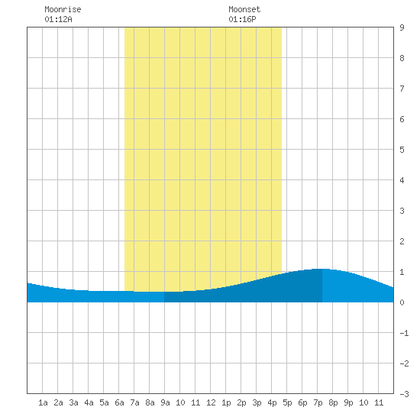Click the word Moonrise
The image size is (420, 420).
coord(63,9)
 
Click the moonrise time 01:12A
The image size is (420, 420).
coord(58,19)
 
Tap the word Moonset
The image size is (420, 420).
coord(244,9)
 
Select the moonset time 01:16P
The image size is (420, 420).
coord(242,19)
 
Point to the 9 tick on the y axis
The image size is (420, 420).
coord(402,27)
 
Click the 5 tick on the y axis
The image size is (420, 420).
coord(402,150)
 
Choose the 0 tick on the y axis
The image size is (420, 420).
coord(402,302)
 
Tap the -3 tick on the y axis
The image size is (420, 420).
coord(404,394)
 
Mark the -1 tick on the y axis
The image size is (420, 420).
coord(404,333)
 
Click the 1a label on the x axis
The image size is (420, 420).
coord(43,402)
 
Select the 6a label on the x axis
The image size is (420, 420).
coord(119,402)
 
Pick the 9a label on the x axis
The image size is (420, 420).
coord(165,402)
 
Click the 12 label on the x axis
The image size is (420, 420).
coord(211,402)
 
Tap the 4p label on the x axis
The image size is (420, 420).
coord(272,402)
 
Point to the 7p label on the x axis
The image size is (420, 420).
coord(318,402)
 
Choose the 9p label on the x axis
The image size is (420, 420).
coord(348,402)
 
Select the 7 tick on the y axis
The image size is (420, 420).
coord(402,89)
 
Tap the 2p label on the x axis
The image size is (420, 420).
coord(241,402)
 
